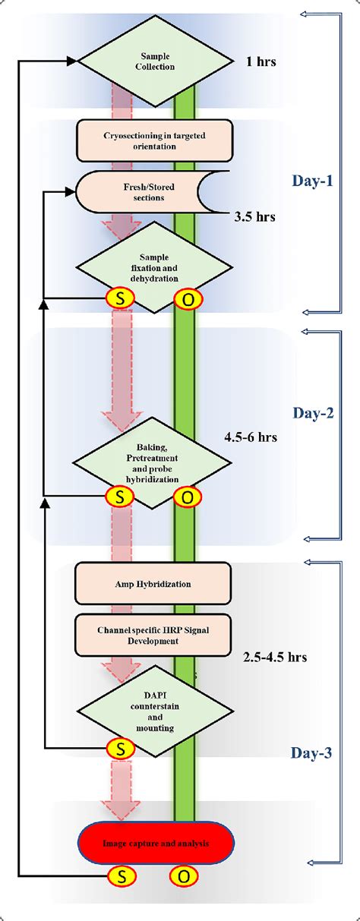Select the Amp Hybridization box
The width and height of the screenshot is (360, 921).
pyautogui.click(x=154, y=584)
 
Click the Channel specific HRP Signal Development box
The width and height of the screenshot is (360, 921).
pyautogui.click(x=154, y=635)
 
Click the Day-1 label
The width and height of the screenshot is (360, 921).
pyautogui.click(x=313, y=181)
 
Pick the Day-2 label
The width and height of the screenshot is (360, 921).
pyautogui.click(x=313, y=414)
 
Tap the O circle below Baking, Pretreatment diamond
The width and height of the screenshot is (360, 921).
pyautogui.click(x=187, y=497)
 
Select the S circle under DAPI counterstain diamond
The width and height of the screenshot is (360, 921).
pyautogui.click(x=120, y=748)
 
